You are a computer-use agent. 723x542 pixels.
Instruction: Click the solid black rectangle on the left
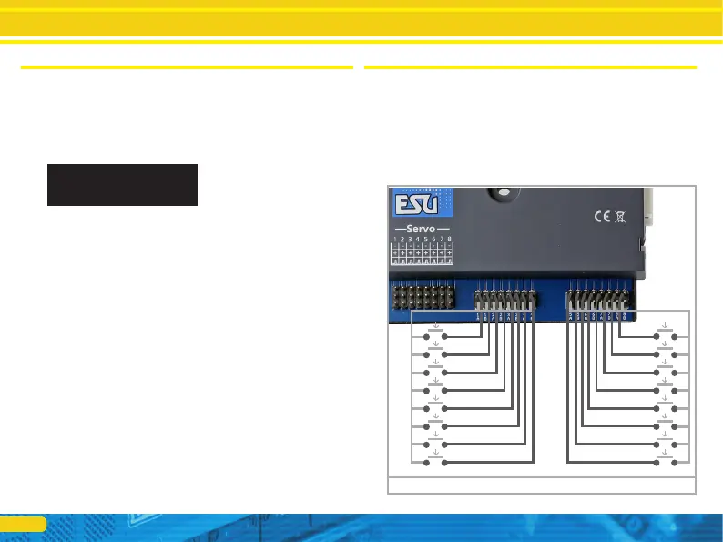(122, 184)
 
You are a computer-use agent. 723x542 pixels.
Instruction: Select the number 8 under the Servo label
(450, 240)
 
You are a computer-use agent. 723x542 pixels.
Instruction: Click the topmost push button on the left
(436, 336)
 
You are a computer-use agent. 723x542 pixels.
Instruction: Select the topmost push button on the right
(666, 336)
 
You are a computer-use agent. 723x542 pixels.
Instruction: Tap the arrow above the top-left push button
(436, 324)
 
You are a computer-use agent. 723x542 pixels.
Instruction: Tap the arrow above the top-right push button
(666, 324)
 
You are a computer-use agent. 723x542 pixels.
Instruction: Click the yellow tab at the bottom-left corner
(23, 524)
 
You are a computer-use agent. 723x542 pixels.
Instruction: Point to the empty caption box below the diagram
(542, 485)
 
